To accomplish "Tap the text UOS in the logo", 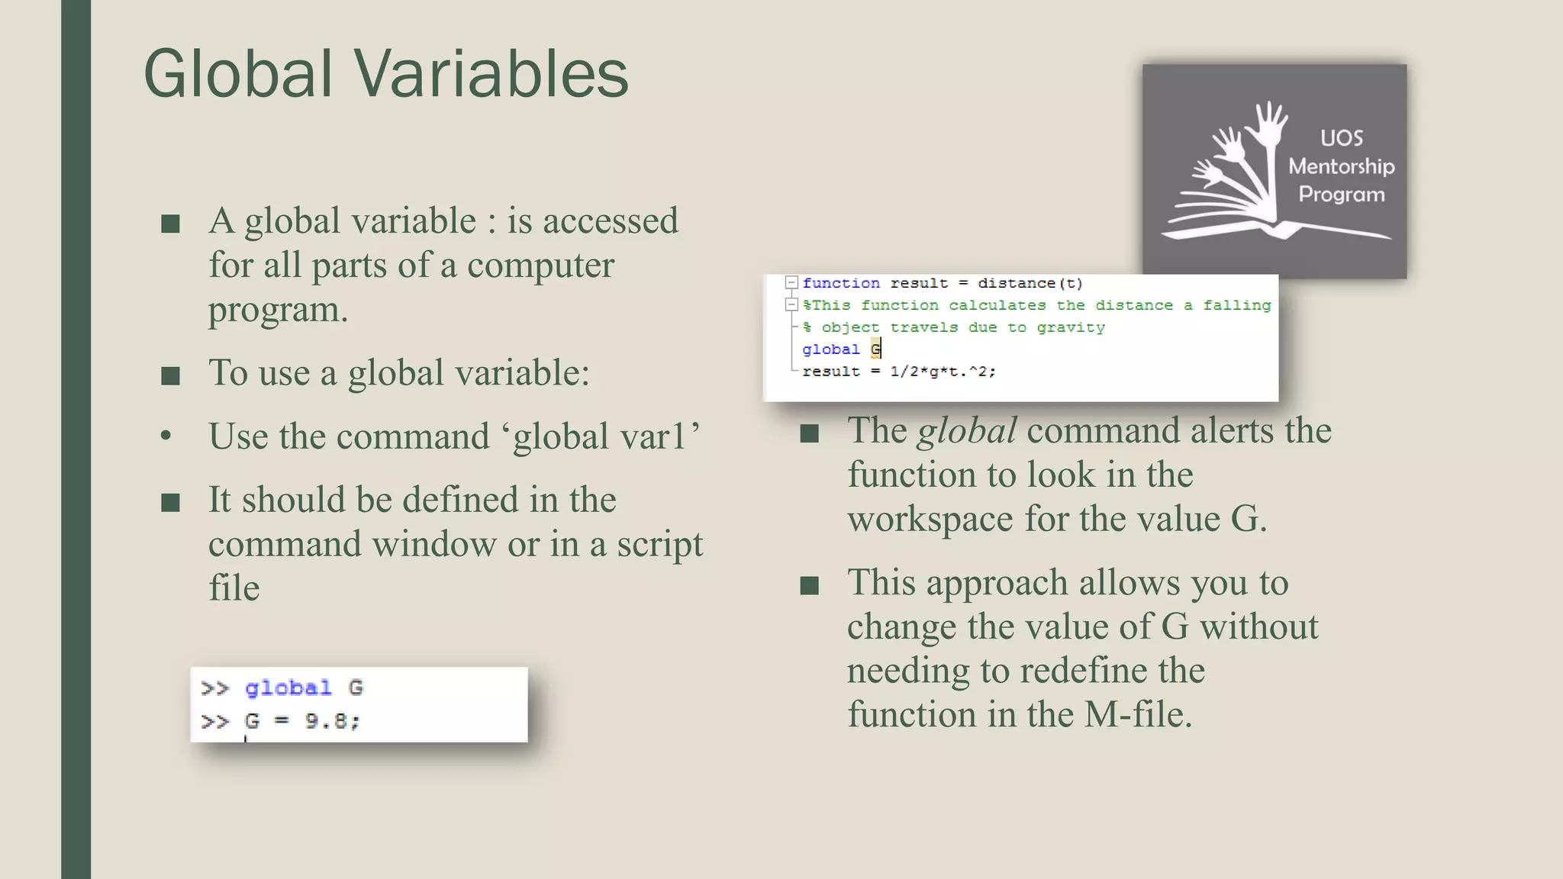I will pyautogui.click(x=1342, y=138).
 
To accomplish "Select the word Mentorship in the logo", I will pyautogui.click(x=1342, y=166).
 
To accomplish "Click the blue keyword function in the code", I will pyautogui.click(x=841, y=283).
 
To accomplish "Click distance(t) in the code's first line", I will pyautogui.click(x=1030, y=283).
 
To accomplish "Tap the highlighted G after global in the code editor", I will pyautogui.click(x=875, y=349).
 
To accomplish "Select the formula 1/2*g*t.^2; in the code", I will pyautogui.click(x=943, y=372).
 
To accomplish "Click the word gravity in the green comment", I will pyautogui.click(x=1071, y=327).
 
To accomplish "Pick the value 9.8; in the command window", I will pyautogui.click(x=332, y=721).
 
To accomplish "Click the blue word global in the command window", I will pyautogui.click(x=288, y=688).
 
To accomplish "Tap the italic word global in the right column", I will pyautogui.click(x=967, y=430).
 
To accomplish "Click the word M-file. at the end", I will pyautogui.click(x=1138, y=715).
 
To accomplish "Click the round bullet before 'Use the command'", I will pyautogui.click(x=166, y=436).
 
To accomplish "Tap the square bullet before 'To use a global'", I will pyautogui.click(x=171, y=375).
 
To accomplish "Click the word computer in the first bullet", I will pyautogui.click(x=540, y=266).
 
